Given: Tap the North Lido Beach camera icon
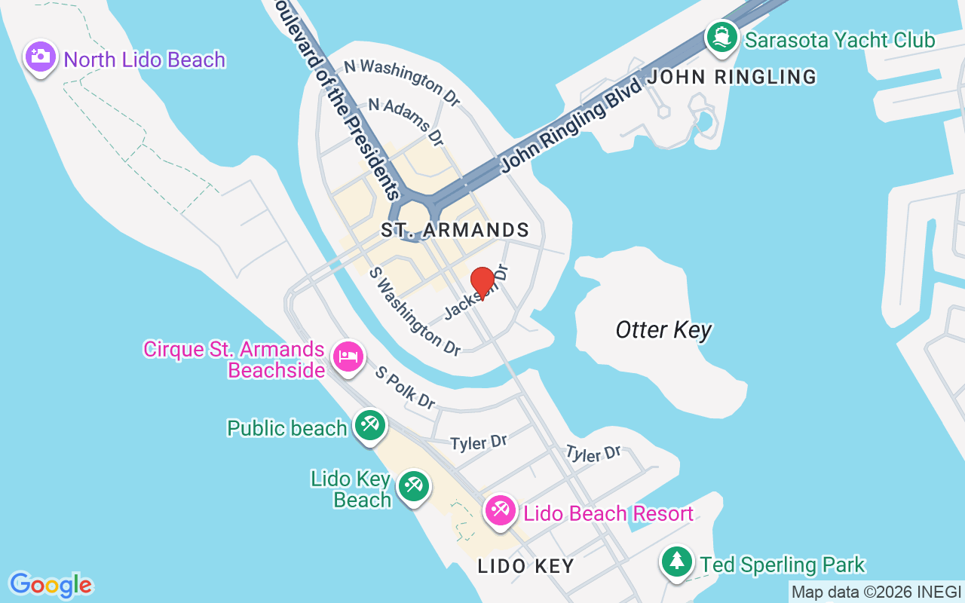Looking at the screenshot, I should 41,57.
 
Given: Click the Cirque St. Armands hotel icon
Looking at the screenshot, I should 348,356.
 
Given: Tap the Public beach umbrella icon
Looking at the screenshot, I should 369,427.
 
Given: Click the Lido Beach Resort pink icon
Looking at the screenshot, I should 499,512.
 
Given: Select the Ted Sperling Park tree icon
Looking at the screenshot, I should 677,562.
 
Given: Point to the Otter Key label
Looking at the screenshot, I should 663,330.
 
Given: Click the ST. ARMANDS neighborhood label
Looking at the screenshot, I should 455,230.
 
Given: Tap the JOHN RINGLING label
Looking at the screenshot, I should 732,77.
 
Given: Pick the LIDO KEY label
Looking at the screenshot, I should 525,566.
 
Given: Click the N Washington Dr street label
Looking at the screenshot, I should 402,82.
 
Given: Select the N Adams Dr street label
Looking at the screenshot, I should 406,121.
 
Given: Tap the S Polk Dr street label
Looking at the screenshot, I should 406,388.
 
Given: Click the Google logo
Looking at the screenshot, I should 51,585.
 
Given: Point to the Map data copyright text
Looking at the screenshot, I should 875,592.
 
